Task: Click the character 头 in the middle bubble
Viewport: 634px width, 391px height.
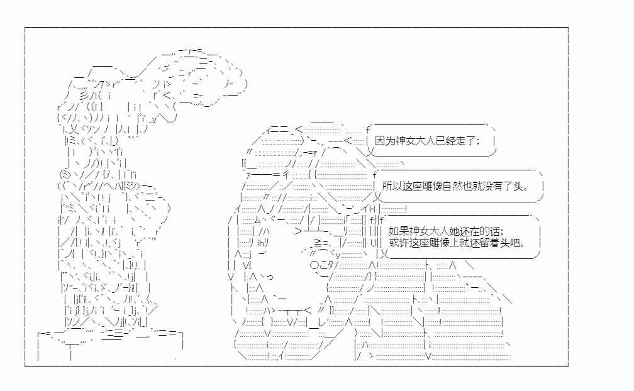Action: pos(520,186)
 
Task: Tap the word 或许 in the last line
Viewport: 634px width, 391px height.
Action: pos(398,243)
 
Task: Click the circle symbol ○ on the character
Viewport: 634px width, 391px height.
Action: pos(315,265)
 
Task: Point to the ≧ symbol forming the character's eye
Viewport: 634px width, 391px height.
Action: pos(318,243)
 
